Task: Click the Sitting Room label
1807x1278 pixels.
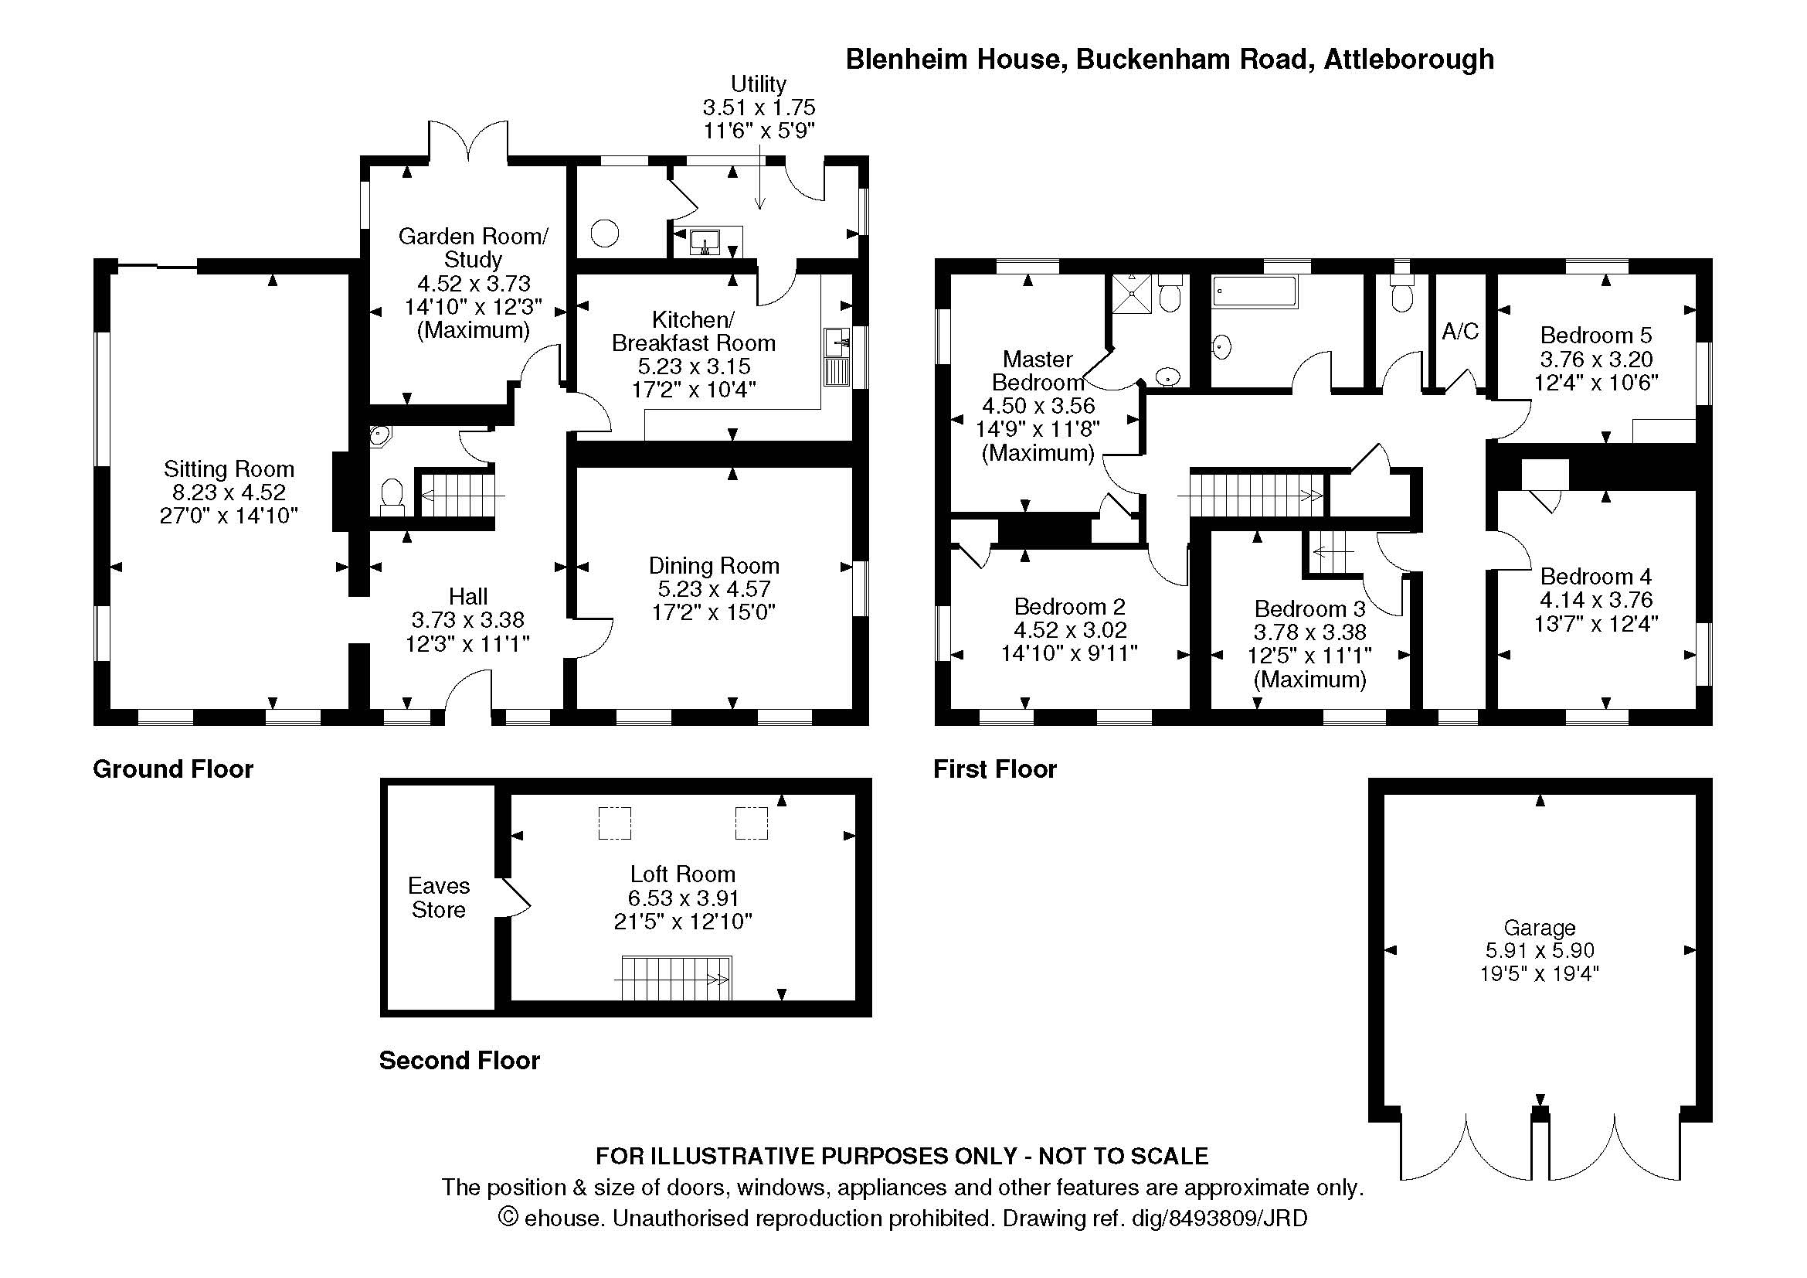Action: pos(229,469)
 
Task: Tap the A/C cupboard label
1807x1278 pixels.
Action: pos(1460,332)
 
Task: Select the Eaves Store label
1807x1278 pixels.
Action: pos(438,898)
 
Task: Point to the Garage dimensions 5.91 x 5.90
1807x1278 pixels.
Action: pos(1540,950)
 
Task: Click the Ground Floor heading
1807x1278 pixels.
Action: pos(173,769)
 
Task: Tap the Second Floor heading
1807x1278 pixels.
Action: pos(460,1061)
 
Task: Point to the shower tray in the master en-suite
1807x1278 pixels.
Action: pos(1132,294)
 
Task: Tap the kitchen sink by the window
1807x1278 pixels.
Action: pos(837,357)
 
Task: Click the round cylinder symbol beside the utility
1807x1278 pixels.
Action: pos(605,233)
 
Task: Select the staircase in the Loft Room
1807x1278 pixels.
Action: pos(677,979)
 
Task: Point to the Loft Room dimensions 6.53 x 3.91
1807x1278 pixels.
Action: pos(683,898)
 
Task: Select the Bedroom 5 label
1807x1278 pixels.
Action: pos(1596,336)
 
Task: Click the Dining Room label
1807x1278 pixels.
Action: pos(714,566)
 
